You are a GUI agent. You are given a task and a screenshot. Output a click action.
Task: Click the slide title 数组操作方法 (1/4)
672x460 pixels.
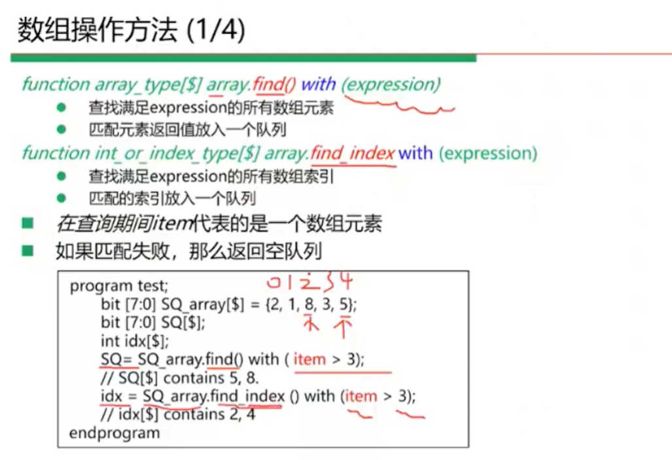pos(131,31)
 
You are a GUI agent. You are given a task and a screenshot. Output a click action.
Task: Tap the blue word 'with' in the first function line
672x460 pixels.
pos(319,84)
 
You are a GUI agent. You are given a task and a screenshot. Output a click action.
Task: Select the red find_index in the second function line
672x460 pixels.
pos(352,153)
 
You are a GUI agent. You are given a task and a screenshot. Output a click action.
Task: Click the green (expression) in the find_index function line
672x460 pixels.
pos(488,154)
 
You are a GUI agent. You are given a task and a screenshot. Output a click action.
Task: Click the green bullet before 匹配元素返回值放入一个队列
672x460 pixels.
pos(62,129)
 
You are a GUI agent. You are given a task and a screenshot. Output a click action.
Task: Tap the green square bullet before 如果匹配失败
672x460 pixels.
pos(28,251)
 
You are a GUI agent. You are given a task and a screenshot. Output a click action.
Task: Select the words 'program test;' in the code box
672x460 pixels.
pos(119,285)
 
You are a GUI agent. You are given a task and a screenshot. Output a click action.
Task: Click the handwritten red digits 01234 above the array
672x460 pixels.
pos(309,282)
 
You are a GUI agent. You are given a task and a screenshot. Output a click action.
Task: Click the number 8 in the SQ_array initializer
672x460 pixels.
pos(309,304)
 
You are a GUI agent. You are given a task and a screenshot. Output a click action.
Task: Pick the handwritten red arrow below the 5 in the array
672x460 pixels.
pos(343,327)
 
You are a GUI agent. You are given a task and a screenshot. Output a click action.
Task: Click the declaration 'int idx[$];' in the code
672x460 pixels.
pos(135,342)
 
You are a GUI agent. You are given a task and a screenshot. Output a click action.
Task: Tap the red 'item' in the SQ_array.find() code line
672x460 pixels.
pos(309,359)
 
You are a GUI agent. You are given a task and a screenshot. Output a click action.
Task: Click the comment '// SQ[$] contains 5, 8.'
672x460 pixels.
pos(179,378)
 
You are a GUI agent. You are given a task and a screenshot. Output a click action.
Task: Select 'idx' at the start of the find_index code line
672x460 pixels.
pos(112,396)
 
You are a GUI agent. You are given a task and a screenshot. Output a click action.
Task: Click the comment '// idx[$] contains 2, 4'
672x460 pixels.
pos(178,415)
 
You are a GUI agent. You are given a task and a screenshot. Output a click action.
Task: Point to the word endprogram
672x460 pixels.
pos(115,433)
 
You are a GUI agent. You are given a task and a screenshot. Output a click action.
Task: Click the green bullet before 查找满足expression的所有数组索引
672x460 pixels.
pos(62,176)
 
